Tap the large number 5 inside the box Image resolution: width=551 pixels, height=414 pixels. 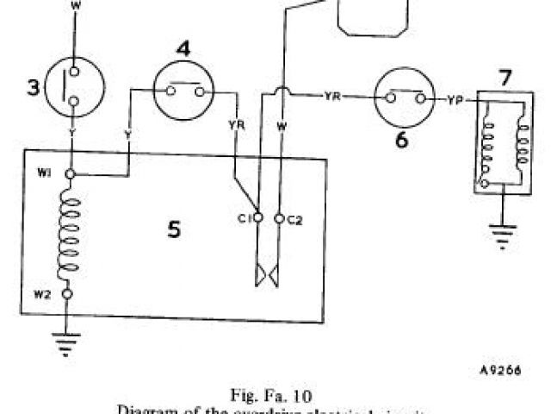[174, 230]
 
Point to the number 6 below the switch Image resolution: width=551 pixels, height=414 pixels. [402, 138]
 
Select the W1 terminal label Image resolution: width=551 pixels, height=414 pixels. [46, 172]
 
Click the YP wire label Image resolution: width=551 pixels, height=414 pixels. [456, 100]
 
